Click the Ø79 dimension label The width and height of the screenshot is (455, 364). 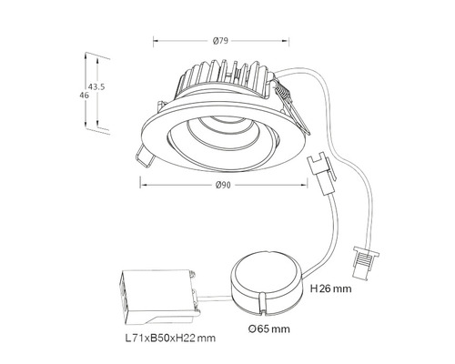[220, 41]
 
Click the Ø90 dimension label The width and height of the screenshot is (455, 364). [223, 185]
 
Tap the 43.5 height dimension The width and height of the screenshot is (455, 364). [96, 86]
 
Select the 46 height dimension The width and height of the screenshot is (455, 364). [85, 96]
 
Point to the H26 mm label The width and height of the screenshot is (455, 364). [331, 288]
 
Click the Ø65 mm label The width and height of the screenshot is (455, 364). [268, 329]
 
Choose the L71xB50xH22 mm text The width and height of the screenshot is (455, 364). [170, 338]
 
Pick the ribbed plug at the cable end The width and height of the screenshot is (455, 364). [365, 262]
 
